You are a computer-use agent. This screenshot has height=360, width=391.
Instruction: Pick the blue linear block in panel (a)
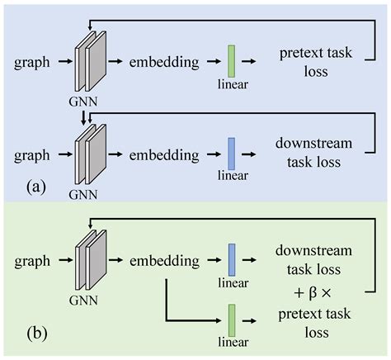232,153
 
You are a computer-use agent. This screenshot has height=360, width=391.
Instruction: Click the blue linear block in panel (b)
232,257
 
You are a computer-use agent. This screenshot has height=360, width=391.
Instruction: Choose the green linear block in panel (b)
232,319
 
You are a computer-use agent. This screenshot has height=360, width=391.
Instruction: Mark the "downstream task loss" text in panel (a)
316,153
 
